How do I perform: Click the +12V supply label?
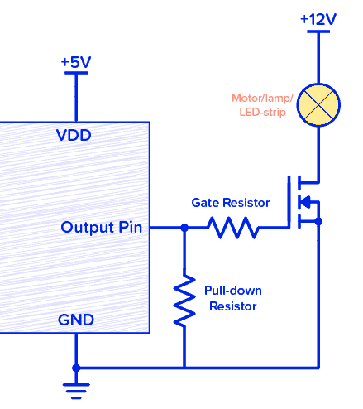[x=319, y=18]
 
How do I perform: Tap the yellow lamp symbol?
[x=319, y=103]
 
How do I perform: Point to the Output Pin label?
[x=102, y=227]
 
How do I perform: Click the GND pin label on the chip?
[x=75, y=320]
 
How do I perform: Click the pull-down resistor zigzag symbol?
[x=184, y=302]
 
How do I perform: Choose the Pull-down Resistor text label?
[x=232, y=298]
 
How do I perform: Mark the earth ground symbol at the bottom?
[x=76, y=386]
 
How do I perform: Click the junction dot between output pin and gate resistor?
[x=184, y=227]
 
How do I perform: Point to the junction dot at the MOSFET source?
[x=319, y=221]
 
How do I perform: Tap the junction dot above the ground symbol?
[x=76, y=367]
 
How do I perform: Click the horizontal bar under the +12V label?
[x=319, y=32]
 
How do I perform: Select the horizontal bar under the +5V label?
[x=76, y=74]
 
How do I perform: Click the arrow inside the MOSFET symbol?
[x=304, y=201]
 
